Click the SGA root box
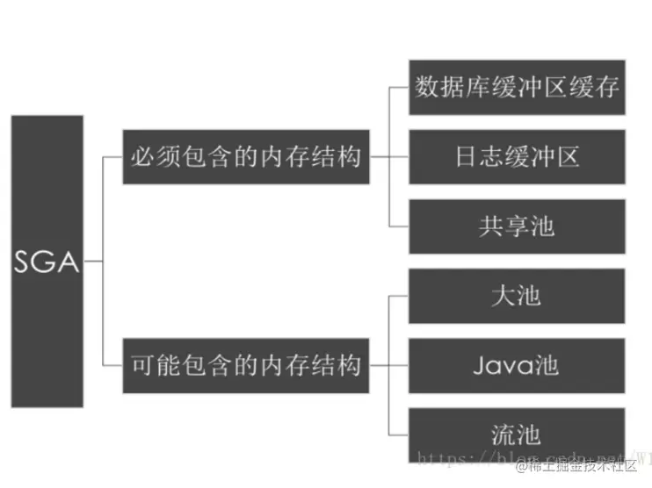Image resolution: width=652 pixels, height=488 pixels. (x=47, y=261)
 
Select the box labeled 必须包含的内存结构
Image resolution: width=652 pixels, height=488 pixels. (x=245, y=158)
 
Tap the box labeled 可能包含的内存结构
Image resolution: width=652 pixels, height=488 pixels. (x=245, y=364)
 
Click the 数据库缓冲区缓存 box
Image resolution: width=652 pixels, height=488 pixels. (x=517, y=87)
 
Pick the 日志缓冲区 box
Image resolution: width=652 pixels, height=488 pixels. (x=517, y=157)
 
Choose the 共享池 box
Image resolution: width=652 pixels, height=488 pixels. (x=517, y=226)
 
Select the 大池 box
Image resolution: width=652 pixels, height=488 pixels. (x=517, y=295)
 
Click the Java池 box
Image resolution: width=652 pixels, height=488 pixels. (x=517, y=364)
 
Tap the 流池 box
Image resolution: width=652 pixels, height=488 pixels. (x=517, y=434)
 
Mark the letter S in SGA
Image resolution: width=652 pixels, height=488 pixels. (x=24, y=262)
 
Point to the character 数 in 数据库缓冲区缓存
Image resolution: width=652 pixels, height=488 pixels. (x=428, y=87)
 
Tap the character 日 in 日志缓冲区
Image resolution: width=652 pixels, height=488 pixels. (x=467, y=157)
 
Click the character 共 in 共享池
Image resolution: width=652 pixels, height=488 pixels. (x=491, y=226)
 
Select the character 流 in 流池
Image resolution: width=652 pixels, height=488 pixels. (x=503, y=434)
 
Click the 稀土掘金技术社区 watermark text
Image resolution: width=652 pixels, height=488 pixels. (x=590, y=464)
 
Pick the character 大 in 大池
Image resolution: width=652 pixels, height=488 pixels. (x=503, y=295)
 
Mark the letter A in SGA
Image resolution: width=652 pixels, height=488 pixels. (x=69, y=262)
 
